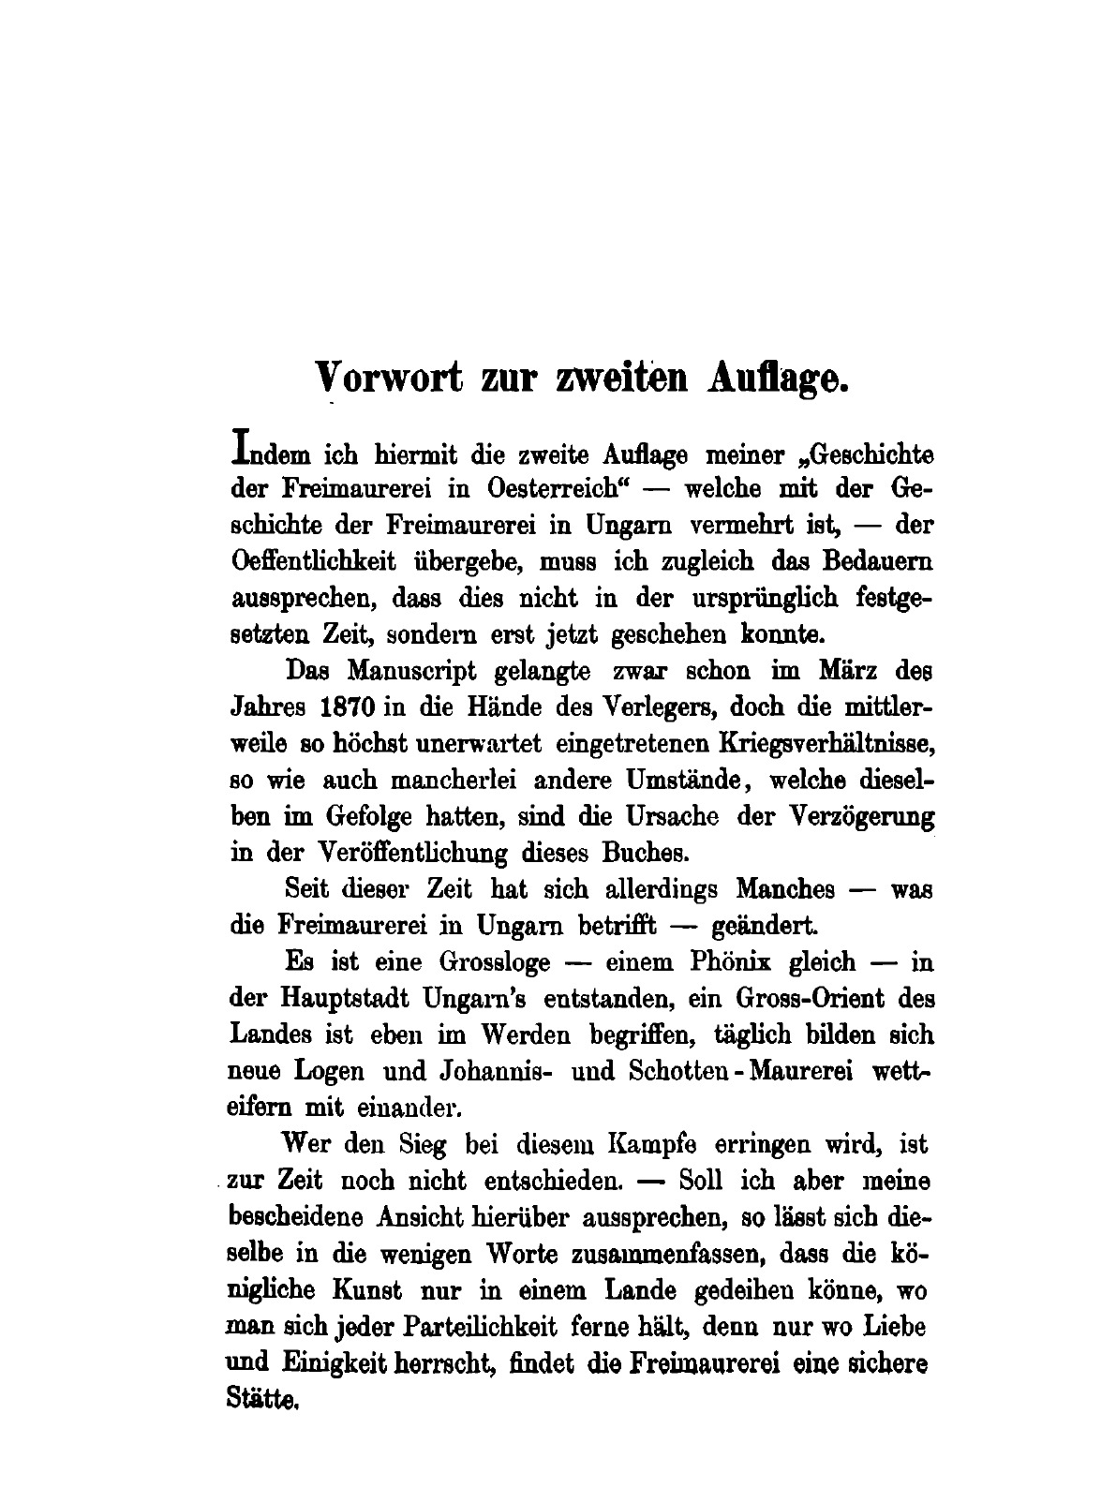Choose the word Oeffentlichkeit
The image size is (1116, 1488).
point(313,562)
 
